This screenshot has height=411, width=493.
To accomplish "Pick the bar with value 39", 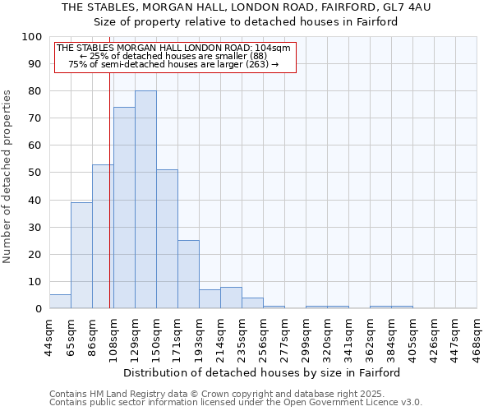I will pyautogui.click(x=81, y=256).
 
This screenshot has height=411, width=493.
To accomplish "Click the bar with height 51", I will pyautogui.click(x=167, y=239).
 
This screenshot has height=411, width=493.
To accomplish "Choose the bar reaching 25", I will pyautogui.click(x=188, y=275).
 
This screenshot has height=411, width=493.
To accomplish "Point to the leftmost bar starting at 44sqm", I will pyautogui.click(x=60, y=302).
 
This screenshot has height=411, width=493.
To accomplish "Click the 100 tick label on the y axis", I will pyautogui.click(x=31, y=37).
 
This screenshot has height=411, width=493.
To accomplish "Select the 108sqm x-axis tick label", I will pyautogui.click(x=114, y=335).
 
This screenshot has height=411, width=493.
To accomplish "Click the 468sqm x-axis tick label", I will pyautogui.click(x=477, y=335).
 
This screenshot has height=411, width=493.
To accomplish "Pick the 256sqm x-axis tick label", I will pyautogui.click(x=264, y=335).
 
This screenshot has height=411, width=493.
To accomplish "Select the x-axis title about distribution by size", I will pyautogui.click(x=262, y=372).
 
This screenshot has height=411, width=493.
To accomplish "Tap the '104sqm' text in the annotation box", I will pyautogui.click(x=271, y=48).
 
